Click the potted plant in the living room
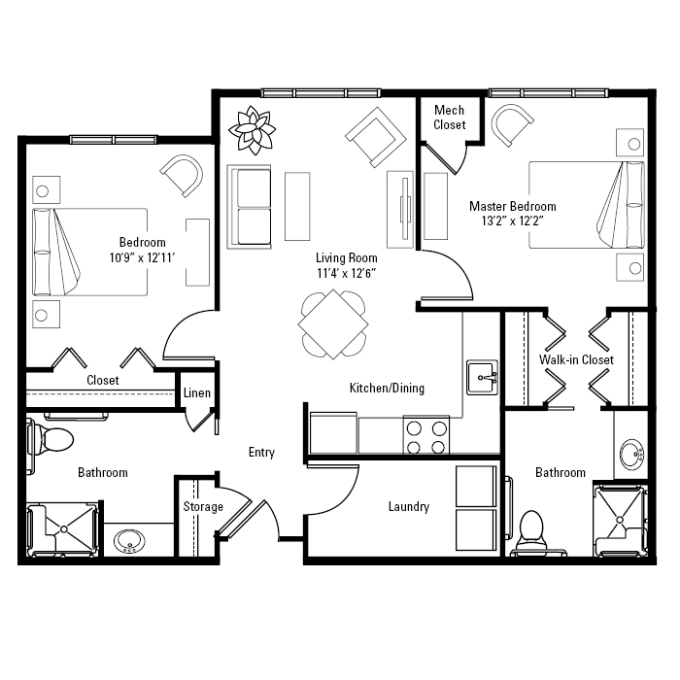pos(252,130)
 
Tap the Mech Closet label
pos(449,118)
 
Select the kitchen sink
pos(482,377)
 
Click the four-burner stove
pos(425,435)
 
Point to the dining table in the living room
pos(333,324)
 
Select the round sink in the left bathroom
pos(129,541)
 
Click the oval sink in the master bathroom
pos(631,454)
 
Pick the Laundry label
pos(409,506)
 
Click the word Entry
pos(261,453)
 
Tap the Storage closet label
pos(203,506)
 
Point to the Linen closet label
pos(197,392)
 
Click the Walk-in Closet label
pos(576,359)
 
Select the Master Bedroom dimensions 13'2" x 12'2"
pos(513,221)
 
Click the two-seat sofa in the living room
pos(250,207)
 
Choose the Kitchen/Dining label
pos(387,388)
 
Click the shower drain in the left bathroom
pos(64,529)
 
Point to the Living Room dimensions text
pos(346,273)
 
